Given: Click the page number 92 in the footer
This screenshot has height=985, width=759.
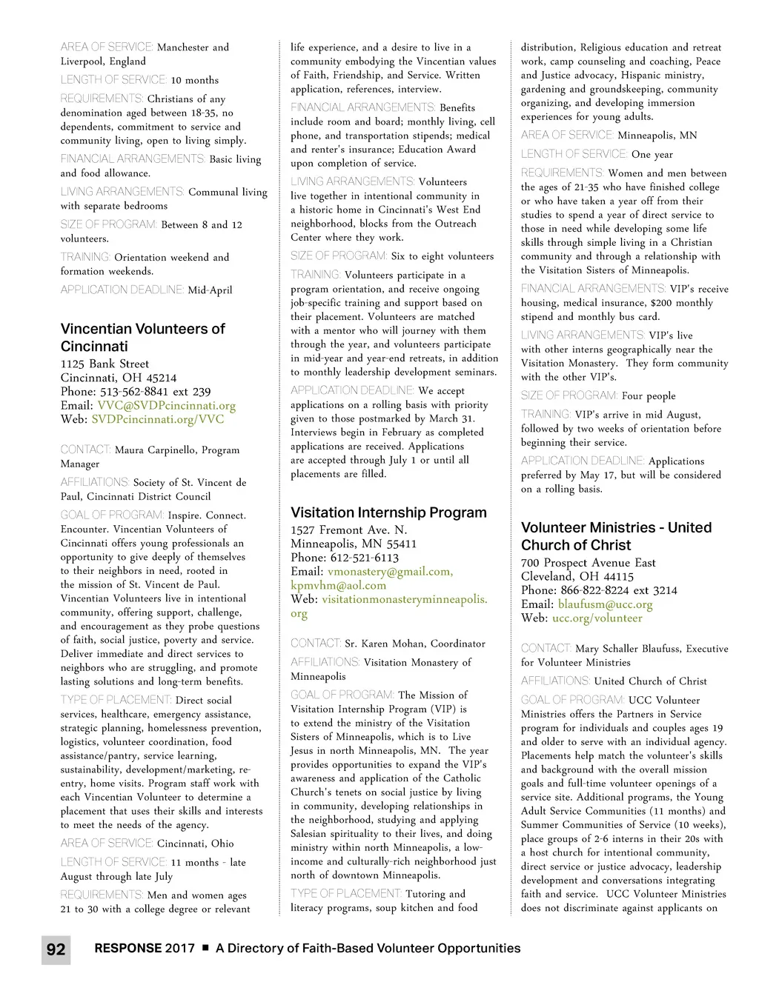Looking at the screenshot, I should coord(56,949).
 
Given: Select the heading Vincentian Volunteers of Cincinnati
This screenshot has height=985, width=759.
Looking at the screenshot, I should coord(142,338).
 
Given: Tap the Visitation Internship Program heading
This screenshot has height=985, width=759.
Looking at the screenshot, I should coord(388,512).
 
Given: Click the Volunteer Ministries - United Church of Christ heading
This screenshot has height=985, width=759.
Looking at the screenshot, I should coord(616,536).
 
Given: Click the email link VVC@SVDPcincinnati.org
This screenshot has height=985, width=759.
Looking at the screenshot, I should coord(166,405).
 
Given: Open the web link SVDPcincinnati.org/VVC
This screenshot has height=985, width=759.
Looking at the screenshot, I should coord(157,419).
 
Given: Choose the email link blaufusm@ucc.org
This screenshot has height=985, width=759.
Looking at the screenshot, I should coord(605,604).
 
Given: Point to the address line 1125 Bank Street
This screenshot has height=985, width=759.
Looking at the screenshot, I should coord(105,364).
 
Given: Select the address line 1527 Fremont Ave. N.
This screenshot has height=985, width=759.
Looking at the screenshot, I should coord(348,530).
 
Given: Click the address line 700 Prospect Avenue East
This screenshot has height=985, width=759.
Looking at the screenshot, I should coord(588,562).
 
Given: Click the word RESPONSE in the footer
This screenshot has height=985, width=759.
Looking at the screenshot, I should coord(128,948).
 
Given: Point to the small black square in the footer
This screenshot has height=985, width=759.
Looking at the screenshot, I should coord(205,948).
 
